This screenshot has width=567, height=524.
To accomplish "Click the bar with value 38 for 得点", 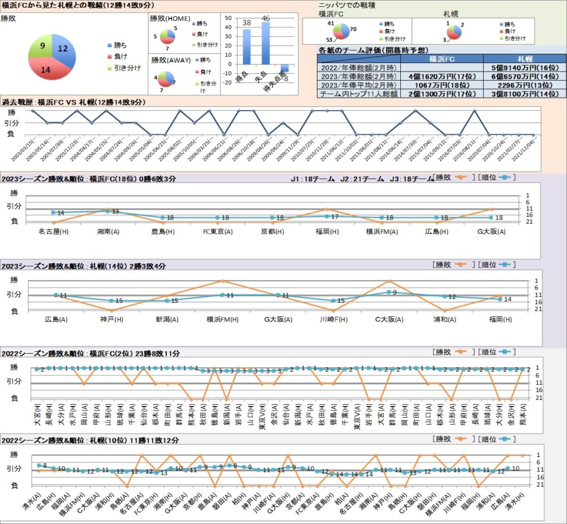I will [247, 47].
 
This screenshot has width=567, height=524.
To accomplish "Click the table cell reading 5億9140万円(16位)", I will [524, 67].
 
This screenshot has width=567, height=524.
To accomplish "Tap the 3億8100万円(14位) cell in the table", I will [524, 94].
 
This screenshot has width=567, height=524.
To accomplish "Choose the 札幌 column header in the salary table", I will [524, 58].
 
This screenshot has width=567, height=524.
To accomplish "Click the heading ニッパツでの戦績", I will [346, 5].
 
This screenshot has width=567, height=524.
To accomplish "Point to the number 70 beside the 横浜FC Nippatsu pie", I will [353, 28].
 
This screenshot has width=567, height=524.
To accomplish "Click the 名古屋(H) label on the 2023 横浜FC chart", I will [54, 231].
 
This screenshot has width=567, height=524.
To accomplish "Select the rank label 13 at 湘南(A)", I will [115, 212].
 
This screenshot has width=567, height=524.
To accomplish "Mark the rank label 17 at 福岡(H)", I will [335, 217].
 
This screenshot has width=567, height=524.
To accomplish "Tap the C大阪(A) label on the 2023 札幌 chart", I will [388, 319].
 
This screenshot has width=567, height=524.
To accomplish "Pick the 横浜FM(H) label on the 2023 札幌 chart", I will [222, 319].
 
